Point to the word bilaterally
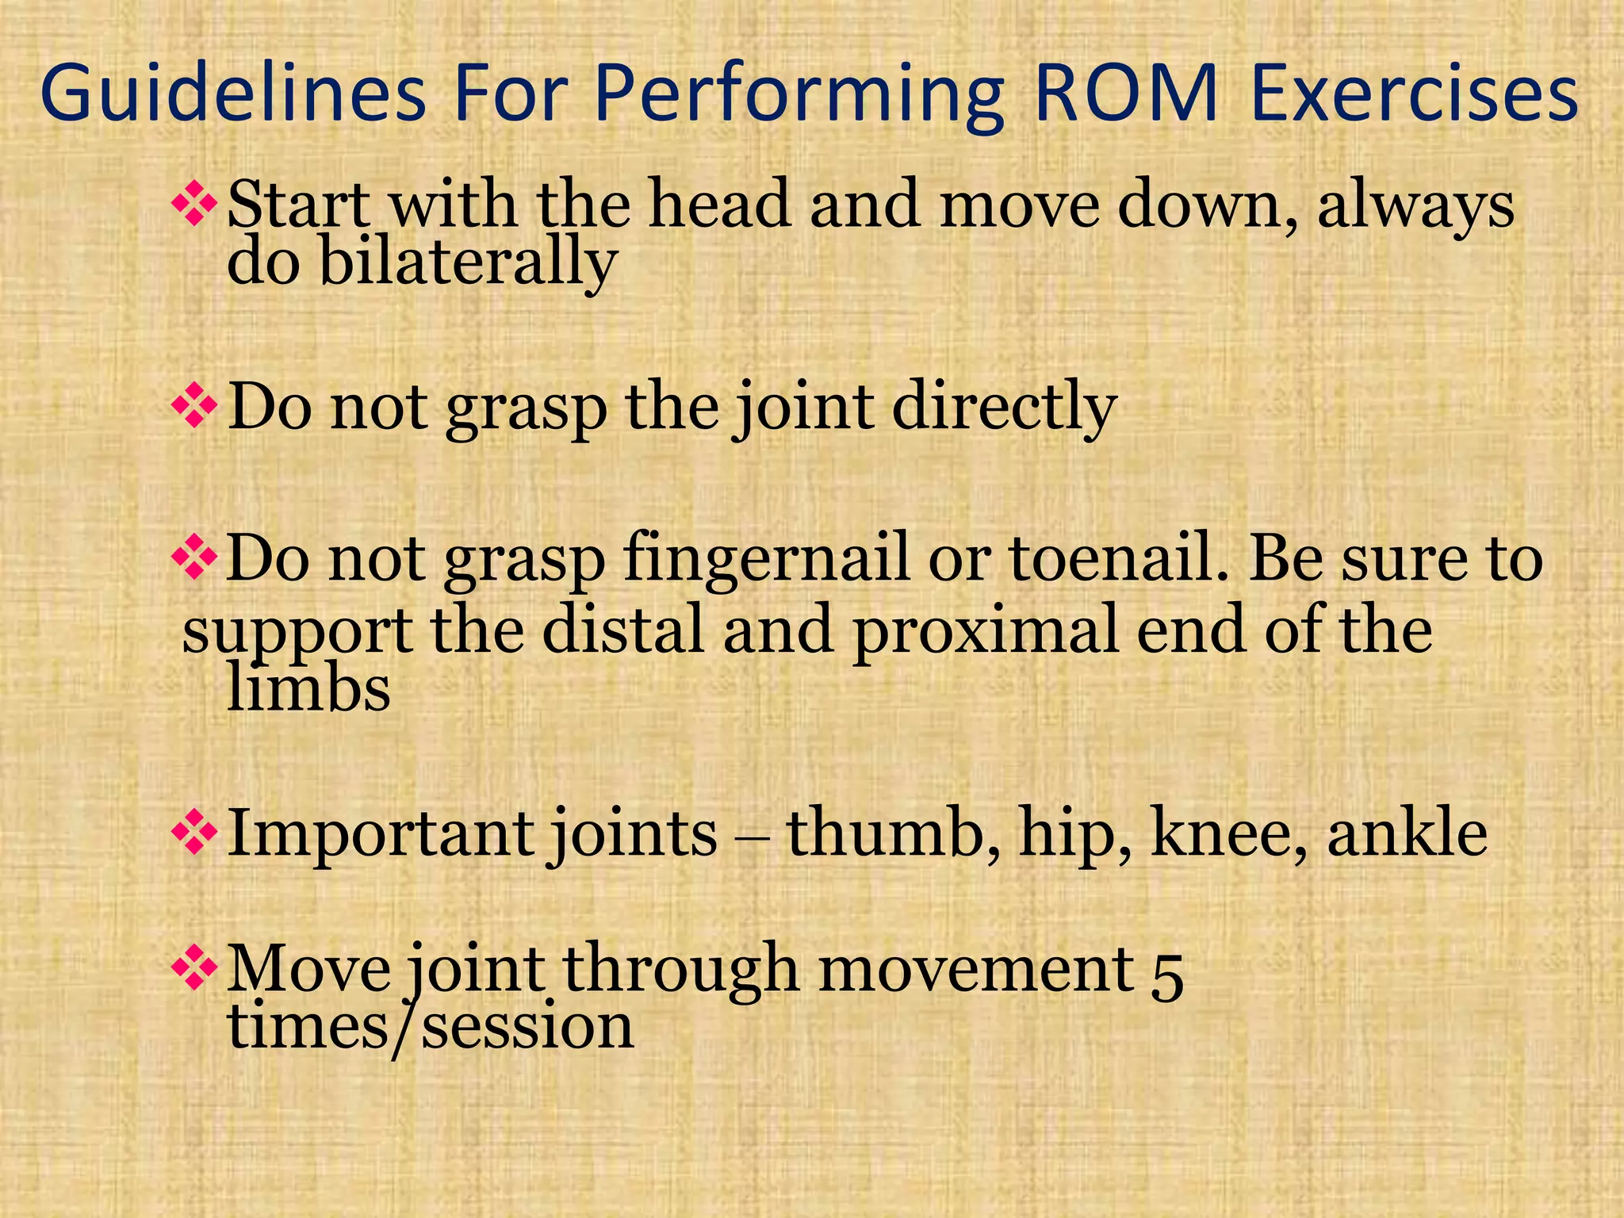467,264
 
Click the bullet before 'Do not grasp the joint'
194,406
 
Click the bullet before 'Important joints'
194,834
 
